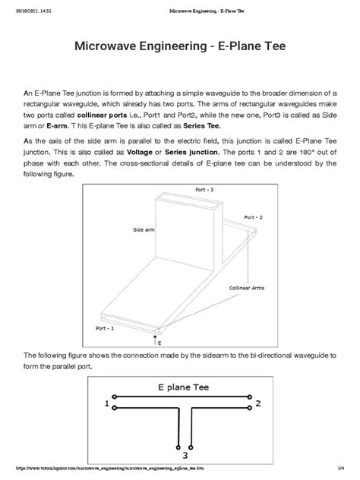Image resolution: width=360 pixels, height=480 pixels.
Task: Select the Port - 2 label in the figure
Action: point(253,217)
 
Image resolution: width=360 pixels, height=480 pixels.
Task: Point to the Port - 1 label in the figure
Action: point(105,328)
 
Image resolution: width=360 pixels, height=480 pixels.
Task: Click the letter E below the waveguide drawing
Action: point(159,343)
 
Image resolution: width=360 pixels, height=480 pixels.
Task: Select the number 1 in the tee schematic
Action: point(106,405)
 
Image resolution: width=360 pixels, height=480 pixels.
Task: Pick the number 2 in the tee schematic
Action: point(258,403)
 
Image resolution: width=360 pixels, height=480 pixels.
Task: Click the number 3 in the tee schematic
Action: point(185,455)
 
